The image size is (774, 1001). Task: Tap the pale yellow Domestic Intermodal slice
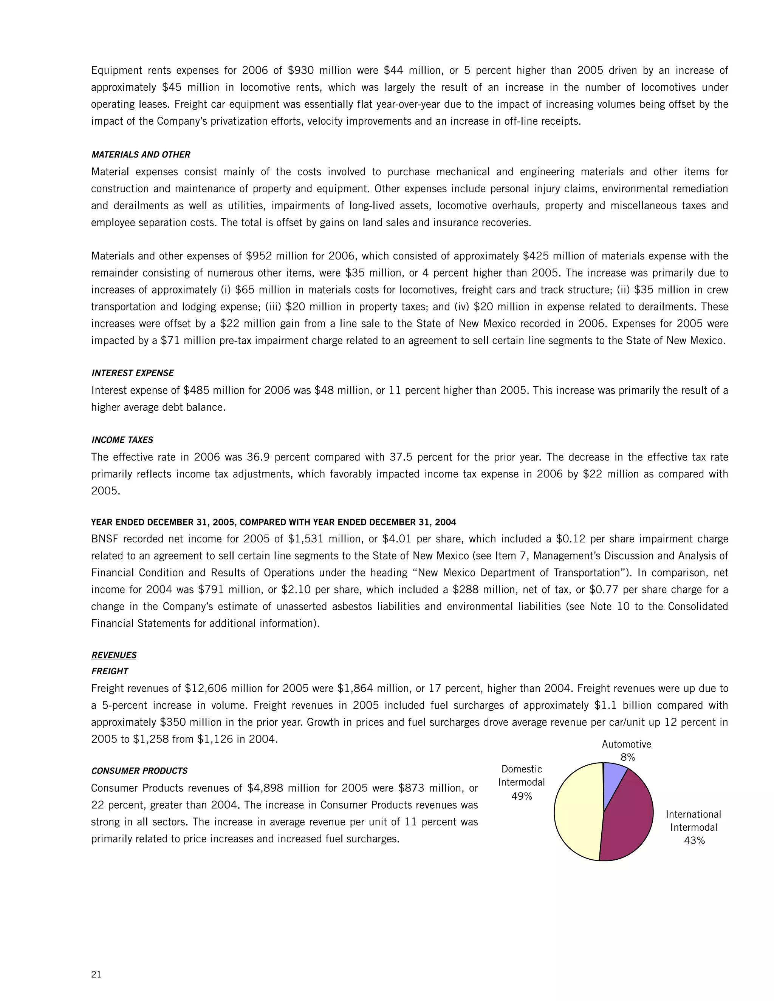tap(578, 811)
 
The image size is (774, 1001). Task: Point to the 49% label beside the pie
tap(521, 796)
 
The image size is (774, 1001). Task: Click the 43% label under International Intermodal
tap(694, 840)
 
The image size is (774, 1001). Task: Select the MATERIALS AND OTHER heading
tap(141, 154)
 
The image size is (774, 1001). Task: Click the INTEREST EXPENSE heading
tap(133, 373)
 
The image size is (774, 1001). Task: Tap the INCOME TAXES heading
tap(122, 440)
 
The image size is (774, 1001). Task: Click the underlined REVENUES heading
tap(114, 655)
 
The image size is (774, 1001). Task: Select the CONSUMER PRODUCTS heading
tap(139, 771)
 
